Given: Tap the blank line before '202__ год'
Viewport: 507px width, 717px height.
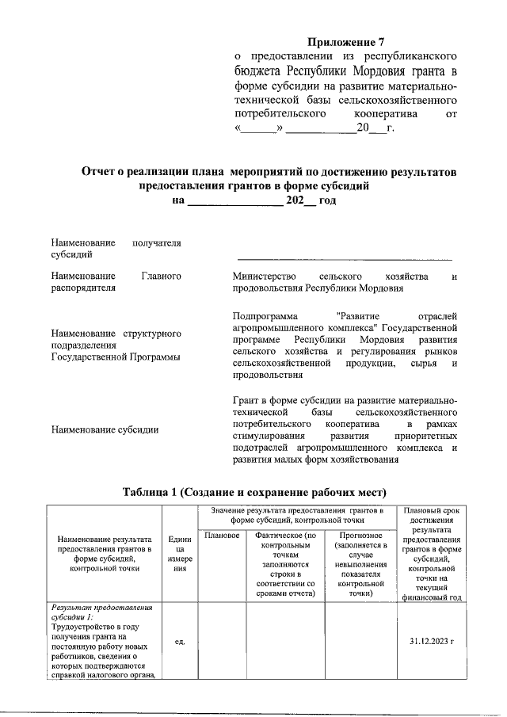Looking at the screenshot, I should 234,202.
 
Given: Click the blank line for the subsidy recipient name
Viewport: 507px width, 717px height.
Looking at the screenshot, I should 345,258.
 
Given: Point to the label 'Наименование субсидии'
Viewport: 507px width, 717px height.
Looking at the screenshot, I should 104,429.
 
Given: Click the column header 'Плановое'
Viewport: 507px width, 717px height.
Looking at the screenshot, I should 222,536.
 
